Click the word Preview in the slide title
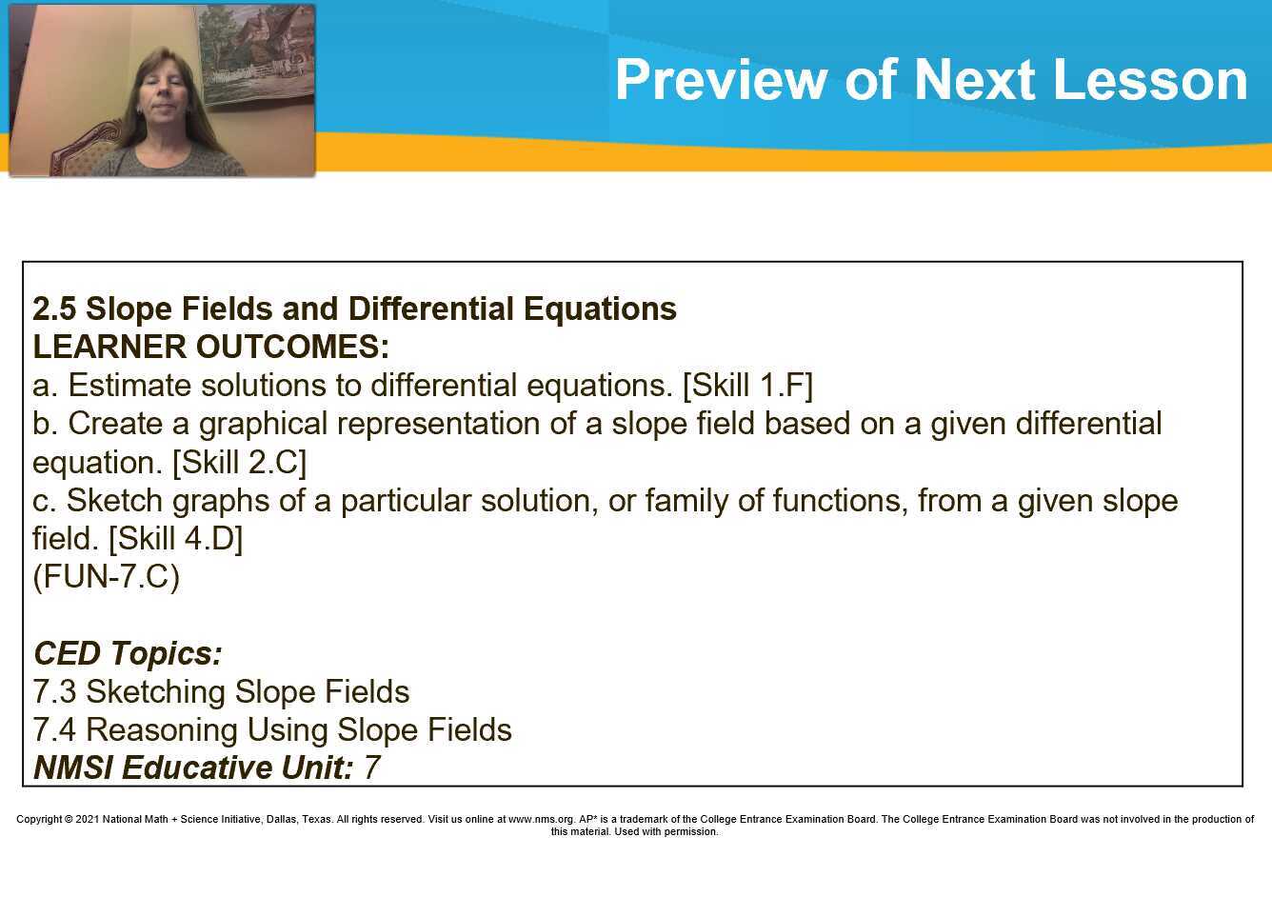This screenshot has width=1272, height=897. click(x=720, y=80)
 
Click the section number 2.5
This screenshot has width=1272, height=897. click(x=54, y=309)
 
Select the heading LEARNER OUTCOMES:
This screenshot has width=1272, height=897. click(x=210, y=348)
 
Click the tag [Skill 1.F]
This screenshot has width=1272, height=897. click(x=747, y=386)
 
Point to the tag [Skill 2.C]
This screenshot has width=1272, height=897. click(x=239, y=463)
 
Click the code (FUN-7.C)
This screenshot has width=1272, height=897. click(x=106, y=577)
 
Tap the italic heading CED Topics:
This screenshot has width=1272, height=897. click(x=128, y=654)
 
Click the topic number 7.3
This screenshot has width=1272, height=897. click(x=54, y=692)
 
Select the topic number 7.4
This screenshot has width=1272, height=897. click(x=54, y=730)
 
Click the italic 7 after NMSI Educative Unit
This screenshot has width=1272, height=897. click(x=371, y=768)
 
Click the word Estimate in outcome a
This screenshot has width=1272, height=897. click(x=129, y=386)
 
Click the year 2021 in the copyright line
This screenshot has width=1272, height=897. click(x=88, y=819)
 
